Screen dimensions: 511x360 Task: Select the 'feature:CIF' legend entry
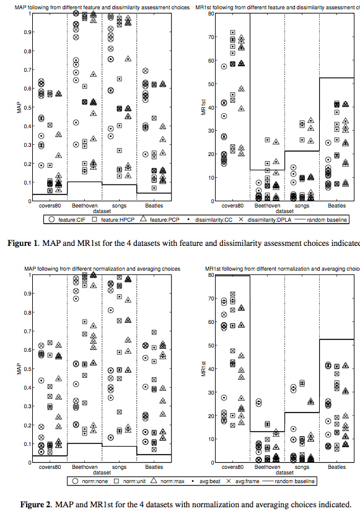(63, 220)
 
